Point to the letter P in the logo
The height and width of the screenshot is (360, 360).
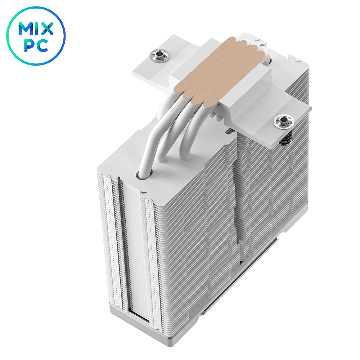pos(30,46)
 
